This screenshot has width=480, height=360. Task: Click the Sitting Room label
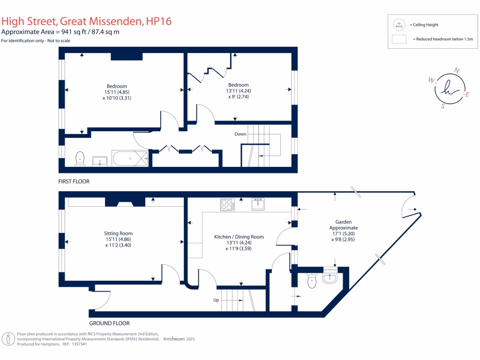(118, 233)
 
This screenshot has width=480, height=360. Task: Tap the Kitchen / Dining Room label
(239, 237)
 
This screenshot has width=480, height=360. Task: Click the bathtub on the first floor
(130, 158)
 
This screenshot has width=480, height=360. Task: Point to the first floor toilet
(80, 158)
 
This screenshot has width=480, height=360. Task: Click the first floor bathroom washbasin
(100, 161)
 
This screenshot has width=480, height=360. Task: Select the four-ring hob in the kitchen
(227, 205)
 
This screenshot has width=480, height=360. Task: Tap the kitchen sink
(258, 204)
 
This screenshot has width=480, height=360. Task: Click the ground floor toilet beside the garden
(312, 280)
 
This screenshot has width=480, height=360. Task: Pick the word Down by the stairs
(240, 134)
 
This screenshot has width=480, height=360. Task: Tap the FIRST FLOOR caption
(74, 181)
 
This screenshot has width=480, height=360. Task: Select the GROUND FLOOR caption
(109, 323)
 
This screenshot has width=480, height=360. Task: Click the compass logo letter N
(457, 71)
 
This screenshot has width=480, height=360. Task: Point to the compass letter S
(442, 106)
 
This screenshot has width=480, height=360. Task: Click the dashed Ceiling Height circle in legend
(399, 24)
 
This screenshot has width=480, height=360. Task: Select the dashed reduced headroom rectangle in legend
(399, 39)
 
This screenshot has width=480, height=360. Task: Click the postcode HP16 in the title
(159, 21)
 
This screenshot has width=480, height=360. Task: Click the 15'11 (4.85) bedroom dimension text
(117, 92)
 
